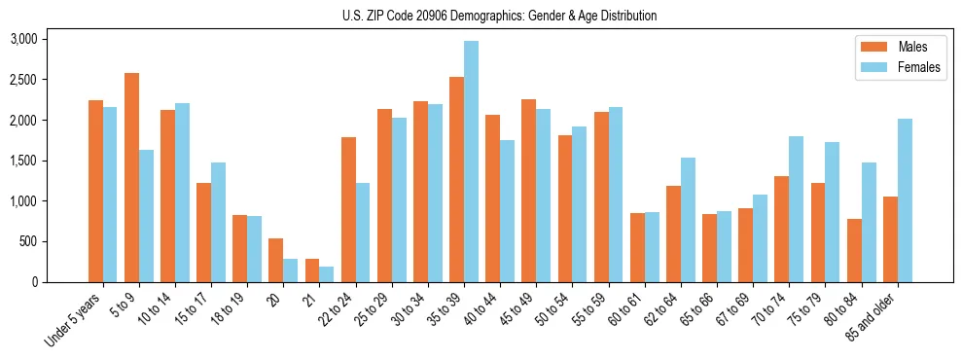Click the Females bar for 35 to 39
click(x=471, y=162)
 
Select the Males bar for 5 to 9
click(x=131, y=177)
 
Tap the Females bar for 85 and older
click(x=905, y=200)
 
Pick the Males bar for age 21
click(x=312, y=270)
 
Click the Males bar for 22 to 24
click(x=348, y=209)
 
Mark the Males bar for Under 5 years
click(x=95, y=191)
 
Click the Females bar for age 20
click(x=291, y=270)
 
